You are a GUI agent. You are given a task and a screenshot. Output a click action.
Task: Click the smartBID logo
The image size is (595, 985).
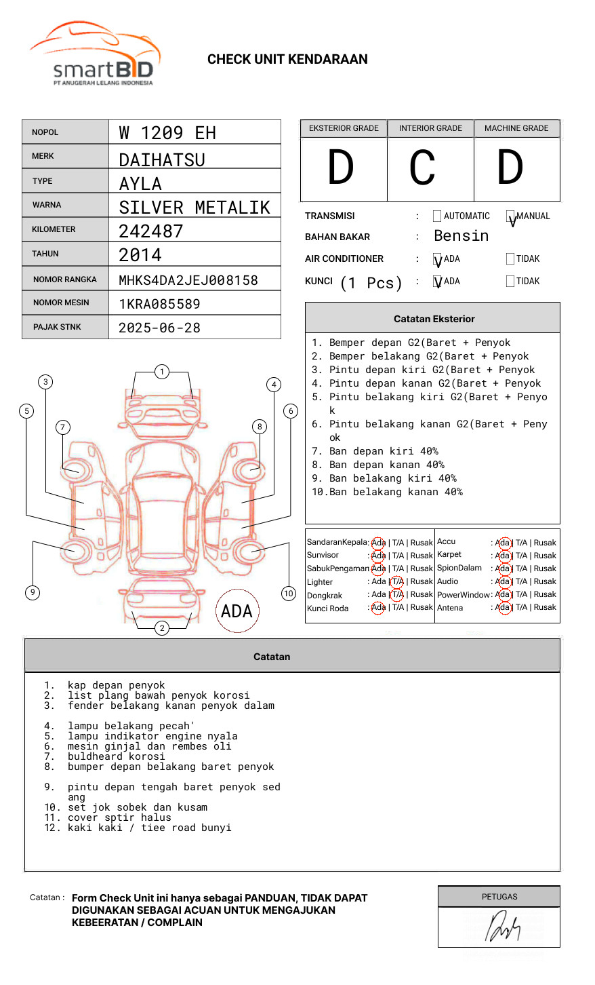click(x=95, y=54)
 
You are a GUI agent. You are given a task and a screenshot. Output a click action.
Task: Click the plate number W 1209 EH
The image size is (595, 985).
click(x=167, y=133)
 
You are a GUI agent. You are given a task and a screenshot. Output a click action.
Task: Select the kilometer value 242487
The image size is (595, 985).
click(x=151, y=231)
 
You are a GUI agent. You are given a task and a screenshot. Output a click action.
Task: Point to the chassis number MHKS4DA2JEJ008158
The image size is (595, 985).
click(x=188, y=280)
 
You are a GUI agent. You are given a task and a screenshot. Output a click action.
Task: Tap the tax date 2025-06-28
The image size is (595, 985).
click(x=159, y=328)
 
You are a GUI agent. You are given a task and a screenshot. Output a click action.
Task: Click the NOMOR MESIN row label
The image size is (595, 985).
click(x=61, y=303)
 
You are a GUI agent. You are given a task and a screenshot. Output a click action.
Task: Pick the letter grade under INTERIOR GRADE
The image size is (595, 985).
click(x=422, y=168)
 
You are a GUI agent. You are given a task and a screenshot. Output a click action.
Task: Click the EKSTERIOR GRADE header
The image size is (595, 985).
click(x=344, y=128)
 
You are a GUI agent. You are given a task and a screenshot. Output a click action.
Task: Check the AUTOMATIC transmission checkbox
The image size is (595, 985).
click(x=437, y=216)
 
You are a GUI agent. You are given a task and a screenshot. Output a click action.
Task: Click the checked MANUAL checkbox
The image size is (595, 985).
click(x=510, y=216)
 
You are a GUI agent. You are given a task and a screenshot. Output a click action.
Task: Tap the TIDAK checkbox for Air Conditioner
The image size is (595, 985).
click(x=510, y=258)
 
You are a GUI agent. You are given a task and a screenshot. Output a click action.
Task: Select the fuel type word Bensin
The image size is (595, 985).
click(x=461, y=236)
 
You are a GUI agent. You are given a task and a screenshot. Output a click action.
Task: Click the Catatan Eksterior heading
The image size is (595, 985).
click(x=434, y=319)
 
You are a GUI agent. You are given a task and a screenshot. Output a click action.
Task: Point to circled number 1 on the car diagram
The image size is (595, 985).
click(x=162, y=372)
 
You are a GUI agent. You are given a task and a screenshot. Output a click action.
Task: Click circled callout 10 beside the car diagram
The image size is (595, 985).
click(x=289, y=594)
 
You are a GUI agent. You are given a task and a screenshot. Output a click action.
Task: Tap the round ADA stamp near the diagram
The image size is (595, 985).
click(x=237, y=611)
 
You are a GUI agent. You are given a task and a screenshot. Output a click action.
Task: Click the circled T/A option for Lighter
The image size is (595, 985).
click(x=397, y=581)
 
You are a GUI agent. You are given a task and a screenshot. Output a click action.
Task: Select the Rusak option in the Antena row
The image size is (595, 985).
click(x=545, y=607)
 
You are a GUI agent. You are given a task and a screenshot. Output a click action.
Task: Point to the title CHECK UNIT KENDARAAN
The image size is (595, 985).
click(x=287, y=60)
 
